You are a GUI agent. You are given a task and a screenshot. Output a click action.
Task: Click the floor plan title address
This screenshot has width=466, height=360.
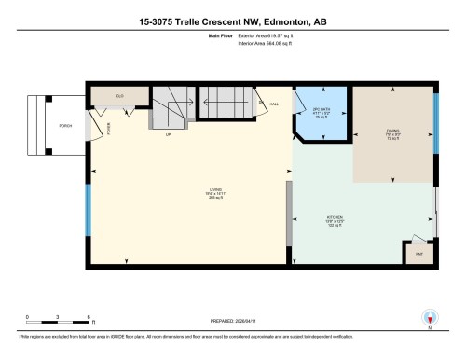(233, 21)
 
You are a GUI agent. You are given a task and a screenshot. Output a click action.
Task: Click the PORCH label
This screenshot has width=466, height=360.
(65, 125)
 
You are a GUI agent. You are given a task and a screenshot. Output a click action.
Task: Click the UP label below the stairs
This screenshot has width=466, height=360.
(169, 134)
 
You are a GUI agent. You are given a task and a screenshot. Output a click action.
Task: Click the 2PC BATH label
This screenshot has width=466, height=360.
(322, 115)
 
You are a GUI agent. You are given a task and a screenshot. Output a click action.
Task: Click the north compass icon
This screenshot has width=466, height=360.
(430, 318)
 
